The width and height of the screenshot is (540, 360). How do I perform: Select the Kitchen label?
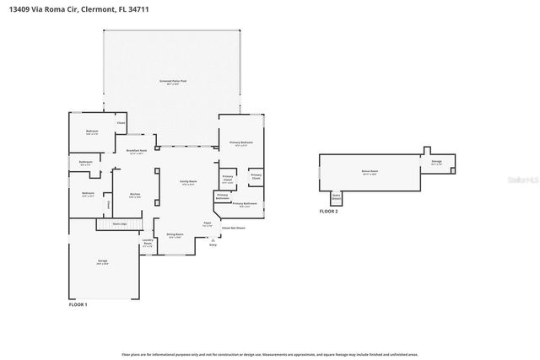(123, 195)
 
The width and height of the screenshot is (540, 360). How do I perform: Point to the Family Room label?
(187, 182)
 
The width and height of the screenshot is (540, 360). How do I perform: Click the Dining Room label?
(175, 236)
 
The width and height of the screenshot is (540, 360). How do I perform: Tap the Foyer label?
(207, 224)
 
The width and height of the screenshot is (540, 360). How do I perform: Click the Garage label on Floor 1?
(102, 262)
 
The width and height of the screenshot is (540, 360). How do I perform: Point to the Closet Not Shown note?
(233, 228)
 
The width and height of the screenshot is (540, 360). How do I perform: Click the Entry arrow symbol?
(213, 239)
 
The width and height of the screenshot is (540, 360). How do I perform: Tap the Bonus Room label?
(370, 171)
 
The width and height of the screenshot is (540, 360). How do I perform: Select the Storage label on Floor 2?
(436, 162)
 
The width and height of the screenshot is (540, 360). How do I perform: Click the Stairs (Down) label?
(336, 197)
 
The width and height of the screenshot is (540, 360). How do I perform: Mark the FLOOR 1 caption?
(78, 304)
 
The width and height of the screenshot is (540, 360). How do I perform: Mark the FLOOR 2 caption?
(328, 211)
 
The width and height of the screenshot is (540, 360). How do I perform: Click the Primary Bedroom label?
(241, 143)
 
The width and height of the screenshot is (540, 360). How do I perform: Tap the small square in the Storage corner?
(452, 170)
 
